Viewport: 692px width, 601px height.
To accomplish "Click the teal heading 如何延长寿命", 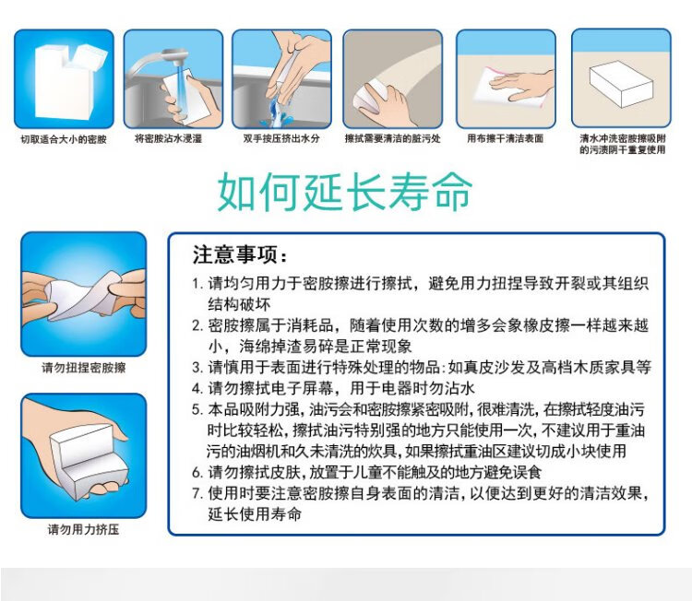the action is pyautogui.click(x=345, y=192).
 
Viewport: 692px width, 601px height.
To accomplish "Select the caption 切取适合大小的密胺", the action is pyautogui.click(x=64, y=139).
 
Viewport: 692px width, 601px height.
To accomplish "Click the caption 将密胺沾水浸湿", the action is pyautogui.click(x=168, y=138).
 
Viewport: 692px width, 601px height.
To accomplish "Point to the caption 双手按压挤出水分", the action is pyautogui.click(x=281, y=138).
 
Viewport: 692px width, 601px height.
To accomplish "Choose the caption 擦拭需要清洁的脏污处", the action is pyautogui.click(x=393, y=138).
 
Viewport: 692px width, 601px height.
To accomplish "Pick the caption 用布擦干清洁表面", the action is pyautogui.click(x=506, y=138).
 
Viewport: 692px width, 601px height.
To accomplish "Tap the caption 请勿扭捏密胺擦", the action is pyautogui.click(x=84, y=367).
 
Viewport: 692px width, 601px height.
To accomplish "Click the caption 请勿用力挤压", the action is pyautogui.click(x=83, y=529).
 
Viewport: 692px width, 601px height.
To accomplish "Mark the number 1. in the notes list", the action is pyautogui.click(x=197, y=284).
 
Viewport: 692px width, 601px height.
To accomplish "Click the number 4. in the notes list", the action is pyautogui.click(x=197, y=388).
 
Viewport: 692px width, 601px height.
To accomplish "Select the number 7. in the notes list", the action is pyautogui.click(x=197, y=493).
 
